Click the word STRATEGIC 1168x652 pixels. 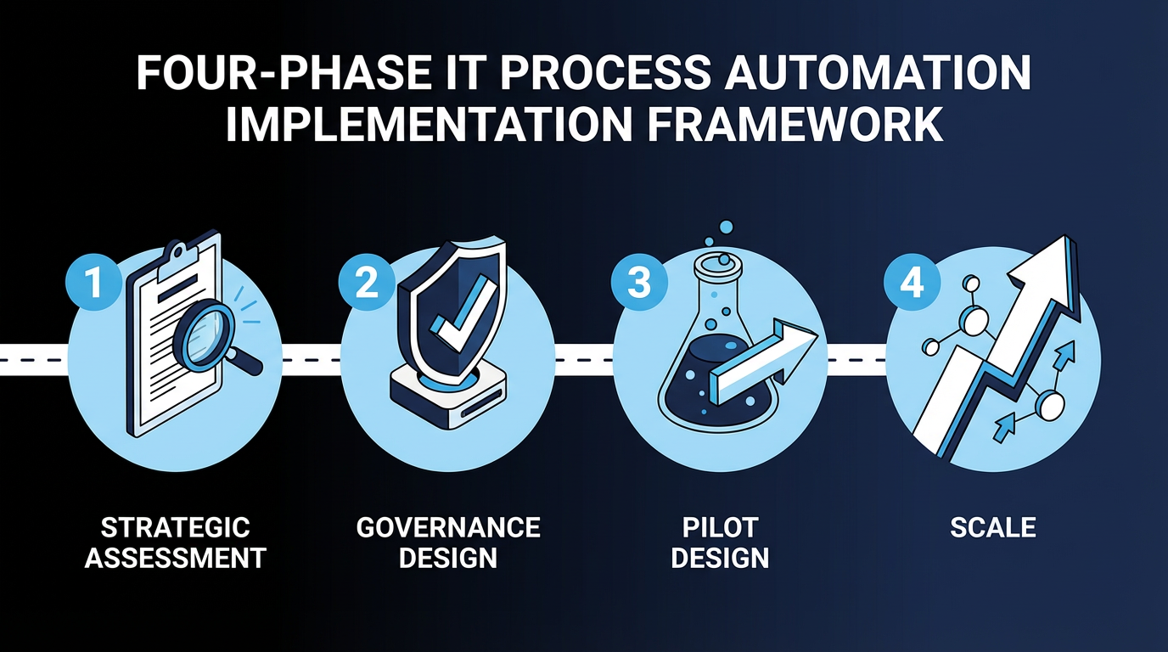click(176, 527)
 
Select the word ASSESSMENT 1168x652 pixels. click(176, 558)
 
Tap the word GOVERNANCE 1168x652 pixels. click(448, 527)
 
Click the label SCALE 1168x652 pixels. click(993, 527)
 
